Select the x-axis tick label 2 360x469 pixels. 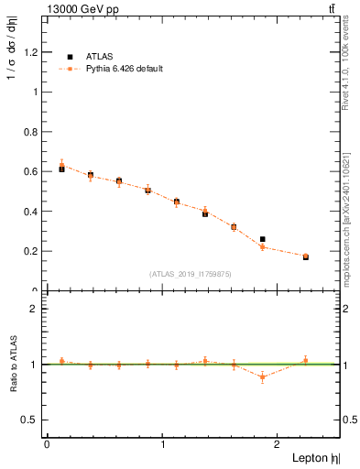[x=278, y=444]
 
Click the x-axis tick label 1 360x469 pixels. [x=163, y=444]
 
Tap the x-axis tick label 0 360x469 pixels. [x=47, y=444]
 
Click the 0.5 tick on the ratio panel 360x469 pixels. [x=30, y=420]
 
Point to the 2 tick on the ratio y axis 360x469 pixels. [x=36, y=309]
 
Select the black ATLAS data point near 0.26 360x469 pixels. [x=262, y=239]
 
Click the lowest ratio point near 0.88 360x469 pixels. [x=262, y=376]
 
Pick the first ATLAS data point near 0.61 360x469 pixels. [x=61, y=169]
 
